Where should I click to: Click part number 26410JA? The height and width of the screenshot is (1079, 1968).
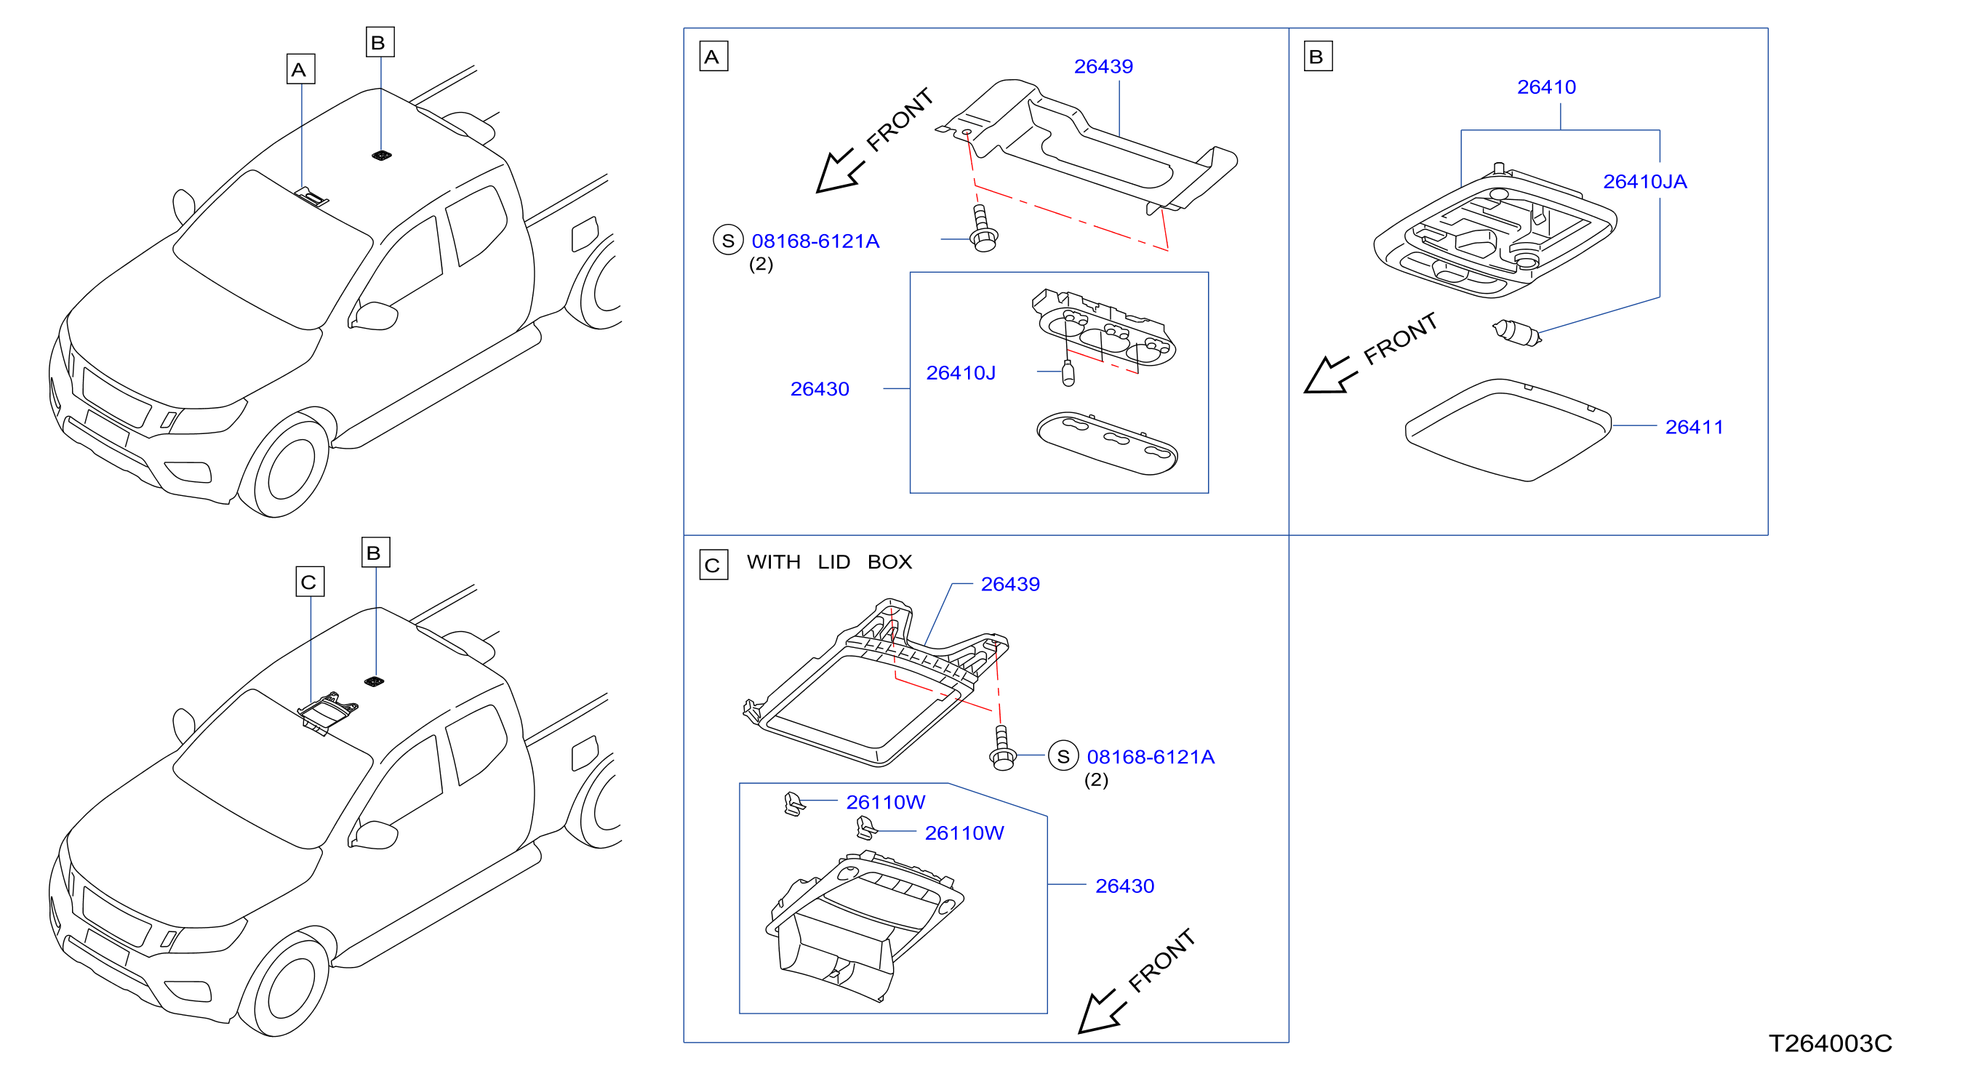(x=1644, y=182)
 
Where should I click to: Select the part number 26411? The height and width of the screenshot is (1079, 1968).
(x=1694, y=427)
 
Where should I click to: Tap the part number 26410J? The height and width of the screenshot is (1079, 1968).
(x=960, y=373)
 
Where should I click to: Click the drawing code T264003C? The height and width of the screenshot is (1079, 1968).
(x=1830, y=1043)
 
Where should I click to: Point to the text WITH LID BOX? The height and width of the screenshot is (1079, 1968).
(x=829, y=562)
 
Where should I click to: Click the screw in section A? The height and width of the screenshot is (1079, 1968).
(x=983, y=229)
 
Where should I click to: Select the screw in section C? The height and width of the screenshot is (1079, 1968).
(x=1002, y=747)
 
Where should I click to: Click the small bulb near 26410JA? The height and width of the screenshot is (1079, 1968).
(x=1516, y=333)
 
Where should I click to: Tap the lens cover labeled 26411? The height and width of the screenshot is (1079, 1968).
(x=1508, y=430)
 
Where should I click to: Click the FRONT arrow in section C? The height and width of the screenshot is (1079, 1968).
(x=1102, y=1013)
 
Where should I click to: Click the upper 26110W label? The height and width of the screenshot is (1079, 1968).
(x=885, y=802)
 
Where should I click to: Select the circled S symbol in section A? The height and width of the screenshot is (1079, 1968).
(x=728, y=241)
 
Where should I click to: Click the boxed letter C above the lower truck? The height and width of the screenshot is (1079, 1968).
(x=309, y=582)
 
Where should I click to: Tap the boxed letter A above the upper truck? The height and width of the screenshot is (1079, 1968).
(x=300, y=70)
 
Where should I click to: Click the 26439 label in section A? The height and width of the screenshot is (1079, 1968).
(x=1103, y=66)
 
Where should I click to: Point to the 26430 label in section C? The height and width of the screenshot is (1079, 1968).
(x=1124, y=886)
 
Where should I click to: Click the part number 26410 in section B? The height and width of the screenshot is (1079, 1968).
(x=1546, y=87)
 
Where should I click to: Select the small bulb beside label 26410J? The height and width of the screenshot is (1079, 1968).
(x=1068, y=374)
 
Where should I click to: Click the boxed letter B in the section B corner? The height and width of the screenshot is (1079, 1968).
(x=1318, y=57)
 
